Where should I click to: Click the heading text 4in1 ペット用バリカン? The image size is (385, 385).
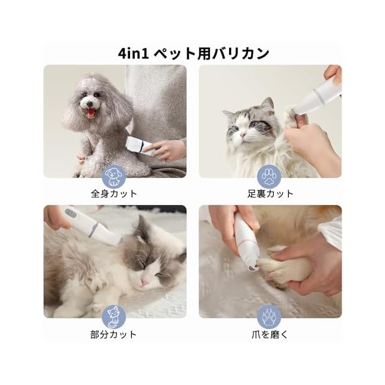coord(194,54)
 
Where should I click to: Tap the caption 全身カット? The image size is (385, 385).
coord(114,194)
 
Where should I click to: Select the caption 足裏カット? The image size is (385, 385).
coord(270,194)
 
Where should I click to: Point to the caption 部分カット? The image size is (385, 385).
coord(114,334)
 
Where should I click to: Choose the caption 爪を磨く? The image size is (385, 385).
coord(269,334)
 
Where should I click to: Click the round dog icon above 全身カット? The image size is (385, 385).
coord(114,176)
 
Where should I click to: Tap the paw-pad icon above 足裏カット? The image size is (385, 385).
coord(269,176)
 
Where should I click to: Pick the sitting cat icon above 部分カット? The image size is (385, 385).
coord(114,317)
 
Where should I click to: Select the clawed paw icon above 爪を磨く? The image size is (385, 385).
coord(269,317)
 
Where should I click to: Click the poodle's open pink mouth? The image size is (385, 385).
coord(91,113)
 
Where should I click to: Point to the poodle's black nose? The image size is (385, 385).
coord(89,104)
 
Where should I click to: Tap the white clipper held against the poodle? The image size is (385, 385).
coord(139,146)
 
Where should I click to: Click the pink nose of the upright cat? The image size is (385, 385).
coord(243,135)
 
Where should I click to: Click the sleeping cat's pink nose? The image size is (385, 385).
coord(145,282)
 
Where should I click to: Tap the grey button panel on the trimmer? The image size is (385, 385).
coord(72,212)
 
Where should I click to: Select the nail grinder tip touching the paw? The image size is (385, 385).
coord(252,267)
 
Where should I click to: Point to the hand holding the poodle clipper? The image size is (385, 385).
coord(164,150)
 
